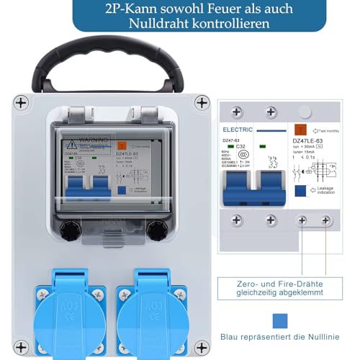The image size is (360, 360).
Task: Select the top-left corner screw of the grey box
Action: click(x=22, y=102)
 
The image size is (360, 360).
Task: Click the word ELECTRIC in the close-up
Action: click(x=238, y=130)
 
